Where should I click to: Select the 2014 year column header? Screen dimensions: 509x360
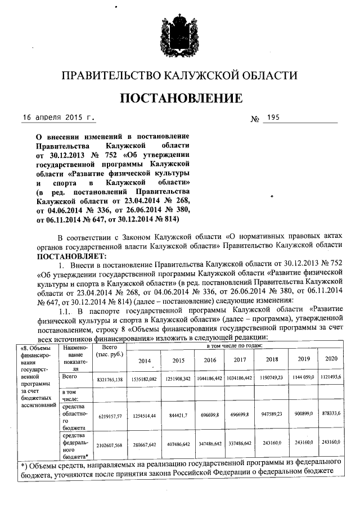[x=145, y=360]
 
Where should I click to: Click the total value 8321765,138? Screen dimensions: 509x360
[x=109, y=381]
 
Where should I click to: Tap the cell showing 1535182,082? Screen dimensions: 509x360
[x=145, y=380]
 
